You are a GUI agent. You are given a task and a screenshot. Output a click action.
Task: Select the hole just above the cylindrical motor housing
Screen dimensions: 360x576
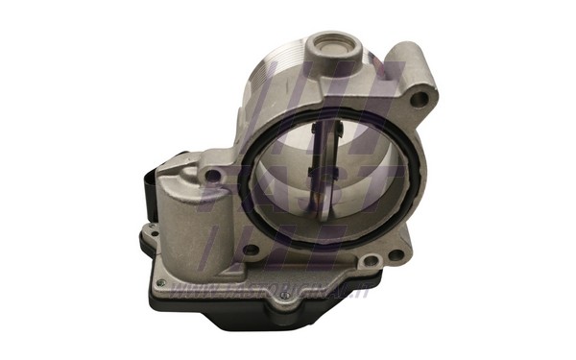208,176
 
